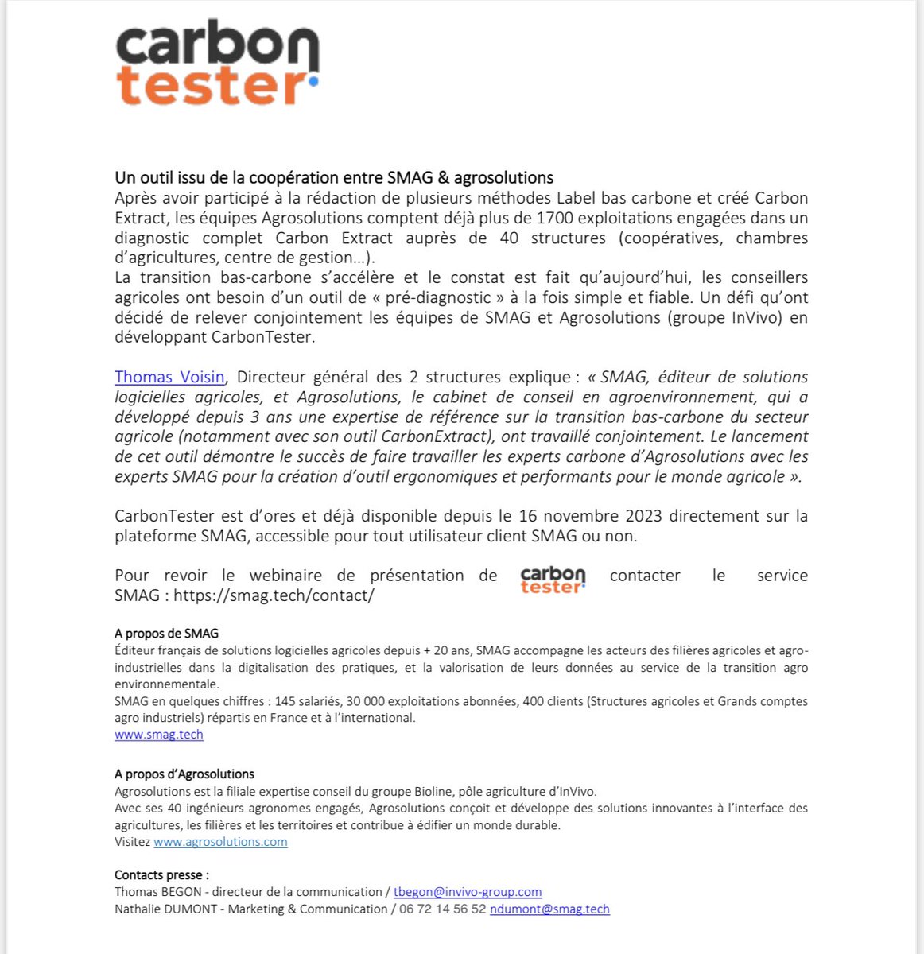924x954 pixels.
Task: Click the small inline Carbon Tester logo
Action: coord(553,580)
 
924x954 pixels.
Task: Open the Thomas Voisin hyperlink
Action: coord(169,377)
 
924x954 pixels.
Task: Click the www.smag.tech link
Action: coord(159,735)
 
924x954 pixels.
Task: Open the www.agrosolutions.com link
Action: coord(220,842)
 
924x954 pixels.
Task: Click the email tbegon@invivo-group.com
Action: coord(468,892)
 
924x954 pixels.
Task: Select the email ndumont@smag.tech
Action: coord(549,909)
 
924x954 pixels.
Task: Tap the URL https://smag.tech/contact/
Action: coord(274,595)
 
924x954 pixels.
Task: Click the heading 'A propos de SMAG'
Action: coord(166,634)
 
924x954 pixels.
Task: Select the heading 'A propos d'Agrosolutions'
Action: coord(184,774)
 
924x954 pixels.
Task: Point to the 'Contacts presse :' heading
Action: coord(161,874)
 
